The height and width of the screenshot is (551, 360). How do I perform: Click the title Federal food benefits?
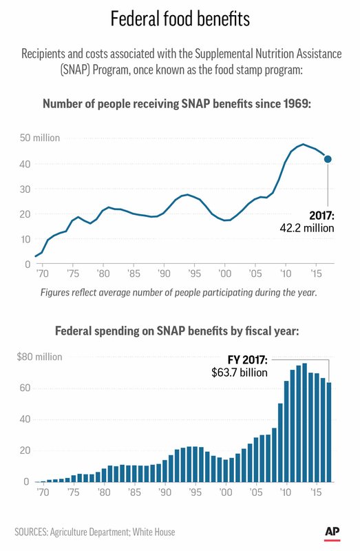[180, 19]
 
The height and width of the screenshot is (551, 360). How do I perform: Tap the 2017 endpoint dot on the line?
[328, 159]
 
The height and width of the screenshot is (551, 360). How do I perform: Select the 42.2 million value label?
[307, 228]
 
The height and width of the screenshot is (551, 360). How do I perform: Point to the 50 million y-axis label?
[40, 138]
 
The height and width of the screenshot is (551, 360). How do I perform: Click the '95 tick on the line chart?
[195, 273]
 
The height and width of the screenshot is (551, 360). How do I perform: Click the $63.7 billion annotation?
[240, 373]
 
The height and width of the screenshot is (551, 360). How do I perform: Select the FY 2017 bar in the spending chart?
[329, 433]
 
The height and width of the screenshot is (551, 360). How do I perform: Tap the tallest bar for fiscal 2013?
[304, 423]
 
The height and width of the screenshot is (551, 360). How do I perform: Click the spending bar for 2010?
[286, 432]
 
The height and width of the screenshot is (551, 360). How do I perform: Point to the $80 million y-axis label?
[39, 357]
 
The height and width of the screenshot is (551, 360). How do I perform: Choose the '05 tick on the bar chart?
[255, 492]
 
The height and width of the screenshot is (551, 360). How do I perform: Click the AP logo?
[332, 532]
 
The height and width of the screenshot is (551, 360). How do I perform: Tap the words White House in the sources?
[153, 532]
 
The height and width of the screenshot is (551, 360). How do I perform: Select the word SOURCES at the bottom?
[31, 532]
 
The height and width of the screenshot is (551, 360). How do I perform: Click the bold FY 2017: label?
[248, 360]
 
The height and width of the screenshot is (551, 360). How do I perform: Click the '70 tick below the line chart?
[43, 273]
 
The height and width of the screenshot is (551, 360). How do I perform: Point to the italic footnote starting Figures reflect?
[179, 292]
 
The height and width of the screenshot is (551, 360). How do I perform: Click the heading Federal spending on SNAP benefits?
[177, 331]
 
